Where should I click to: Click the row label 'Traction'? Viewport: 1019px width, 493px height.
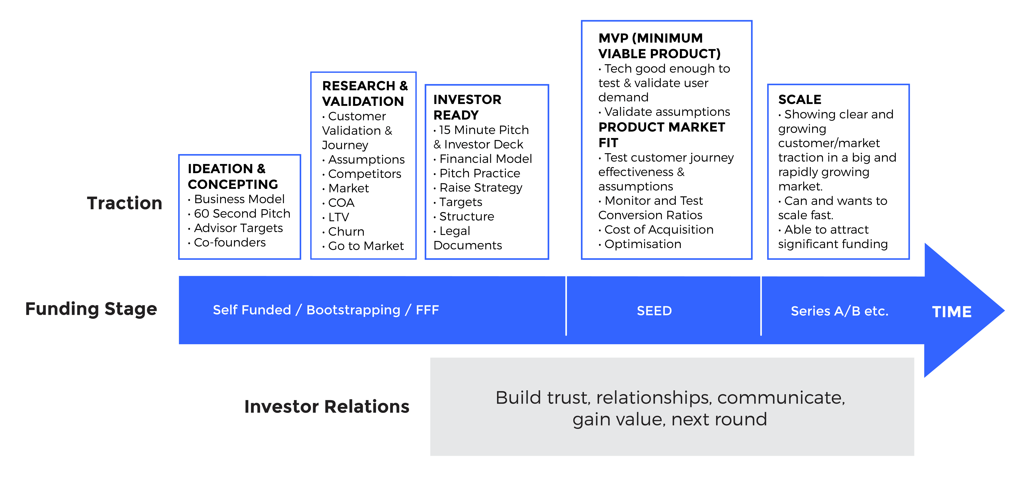pos(125,203)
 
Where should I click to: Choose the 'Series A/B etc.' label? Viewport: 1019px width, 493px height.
pos(839,311)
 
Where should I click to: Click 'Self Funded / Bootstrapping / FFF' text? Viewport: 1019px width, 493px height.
pos(326,310)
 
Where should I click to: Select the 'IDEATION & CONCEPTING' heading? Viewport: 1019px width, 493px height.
pos(233,176)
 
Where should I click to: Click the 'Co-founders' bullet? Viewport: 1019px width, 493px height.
pos(229,243)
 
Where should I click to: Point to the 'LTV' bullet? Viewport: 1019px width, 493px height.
pos(339,217)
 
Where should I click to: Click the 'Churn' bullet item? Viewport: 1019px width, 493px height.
pos(346,231)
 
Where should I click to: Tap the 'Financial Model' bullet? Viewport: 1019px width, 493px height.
pos(485,159)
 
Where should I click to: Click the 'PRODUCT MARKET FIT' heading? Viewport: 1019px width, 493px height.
pos(661,135)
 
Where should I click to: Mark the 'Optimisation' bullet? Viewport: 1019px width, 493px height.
pos(643,244)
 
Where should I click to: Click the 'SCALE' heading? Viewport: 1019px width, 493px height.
pos(799,99)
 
